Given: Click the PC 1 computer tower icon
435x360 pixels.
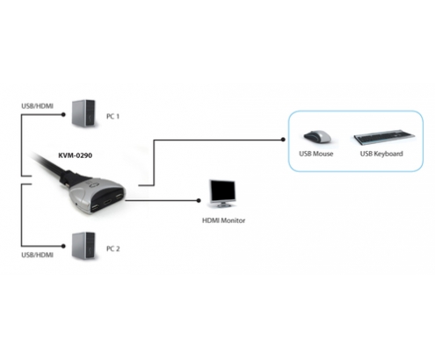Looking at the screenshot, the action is click(x=83, y=113).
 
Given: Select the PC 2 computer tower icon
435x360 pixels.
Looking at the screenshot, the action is click(x=83, y=245).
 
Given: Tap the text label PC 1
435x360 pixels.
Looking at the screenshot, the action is click(x=112, y=117).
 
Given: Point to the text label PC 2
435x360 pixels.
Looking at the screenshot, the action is click(x=112, y=248).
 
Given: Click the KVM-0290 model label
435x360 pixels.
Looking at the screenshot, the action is click(x=75, y=155).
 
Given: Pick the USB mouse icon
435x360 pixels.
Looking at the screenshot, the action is click(x=317, y=136).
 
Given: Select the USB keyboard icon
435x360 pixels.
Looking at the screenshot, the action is click(x=384, y=138).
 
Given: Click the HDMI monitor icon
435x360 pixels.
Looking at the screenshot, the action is click(x=222, y=193).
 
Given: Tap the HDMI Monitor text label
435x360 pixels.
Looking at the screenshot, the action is click(x=224, y=220).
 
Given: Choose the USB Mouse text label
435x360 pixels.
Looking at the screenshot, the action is click(x=316, y=154).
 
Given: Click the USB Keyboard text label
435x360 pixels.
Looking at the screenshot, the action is click(x=381, y=154).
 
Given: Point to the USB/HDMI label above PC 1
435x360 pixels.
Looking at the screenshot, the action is click(x=38, y=106).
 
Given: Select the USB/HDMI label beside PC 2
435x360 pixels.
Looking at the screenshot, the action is click(x=38, y=255).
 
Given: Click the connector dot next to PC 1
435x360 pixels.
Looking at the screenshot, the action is click(x=63, y=115).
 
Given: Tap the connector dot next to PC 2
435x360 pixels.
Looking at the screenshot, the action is click(x=63, y=246).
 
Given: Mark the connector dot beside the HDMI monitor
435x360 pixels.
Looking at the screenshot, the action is click(x=199, y=200).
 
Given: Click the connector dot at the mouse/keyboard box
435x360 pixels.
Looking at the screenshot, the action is click(x=283, y=140).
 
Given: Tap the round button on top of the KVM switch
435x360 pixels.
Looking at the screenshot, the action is click(x=95, y=184).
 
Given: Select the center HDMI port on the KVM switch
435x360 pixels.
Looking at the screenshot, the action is click(x=107, y=202).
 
